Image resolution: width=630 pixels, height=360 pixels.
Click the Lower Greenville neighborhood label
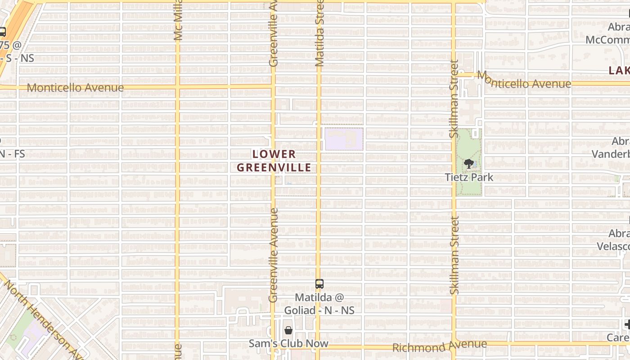(x=274, y=161)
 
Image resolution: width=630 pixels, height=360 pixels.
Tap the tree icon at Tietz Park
(x=469, y=164)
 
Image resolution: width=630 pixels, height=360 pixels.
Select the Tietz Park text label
(x=469, y=177)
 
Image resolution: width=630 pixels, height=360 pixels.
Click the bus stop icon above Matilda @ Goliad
(x=319, y=284)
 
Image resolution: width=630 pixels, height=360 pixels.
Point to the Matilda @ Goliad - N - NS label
(x=319, y=304)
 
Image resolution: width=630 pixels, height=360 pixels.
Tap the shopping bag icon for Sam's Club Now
(x=288, y=330)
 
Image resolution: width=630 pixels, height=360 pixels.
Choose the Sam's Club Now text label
(x=288, y=343)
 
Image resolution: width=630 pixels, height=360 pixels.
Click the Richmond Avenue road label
(x=439, y=346)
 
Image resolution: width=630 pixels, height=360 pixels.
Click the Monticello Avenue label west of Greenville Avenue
(x=75, y=88)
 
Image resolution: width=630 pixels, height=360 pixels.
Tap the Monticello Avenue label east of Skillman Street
(x=524, y=81)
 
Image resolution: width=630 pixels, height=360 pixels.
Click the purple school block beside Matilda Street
(x=344, y=139)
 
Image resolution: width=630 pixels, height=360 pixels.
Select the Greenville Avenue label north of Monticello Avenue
(x=273, y=33)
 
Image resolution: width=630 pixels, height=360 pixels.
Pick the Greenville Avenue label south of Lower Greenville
(x=273, y=255)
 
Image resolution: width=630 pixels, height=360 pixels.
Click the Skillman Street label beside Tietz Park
(x=454, y=99)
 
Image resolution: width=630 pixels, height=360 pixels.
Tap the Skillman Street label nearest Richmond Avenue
(x=454, y=255)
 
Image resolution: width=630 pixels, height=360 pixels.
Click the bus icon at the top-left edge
(x=2, y=32)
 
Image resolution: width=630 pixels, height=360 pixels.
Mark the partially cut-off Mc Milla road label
(x=178, y=20)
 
